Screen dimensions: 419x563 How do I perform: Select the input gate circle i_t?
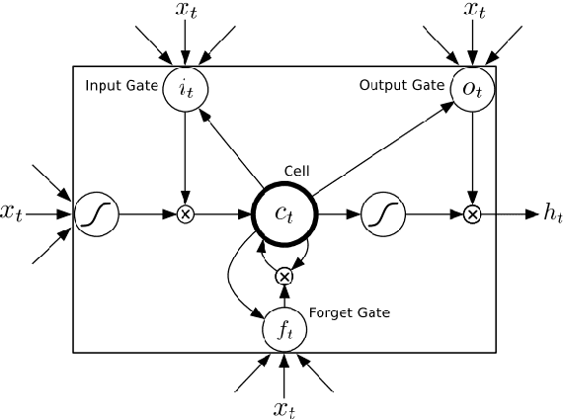(185, 88)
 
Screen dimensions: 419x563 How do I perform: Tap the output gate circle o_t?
(472, 88)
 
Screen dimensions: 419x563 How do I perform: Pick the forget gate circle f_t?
(284, 330)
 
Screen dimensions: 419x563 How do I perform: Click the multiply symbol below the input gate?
(185, 212)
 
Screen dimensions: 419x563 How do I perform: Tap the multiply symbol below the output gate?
(472, 212)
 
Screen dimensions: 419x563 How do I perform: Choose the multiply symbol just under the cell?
(284, 276)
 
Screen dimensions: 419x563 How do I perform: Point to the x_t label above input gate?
(185, 13)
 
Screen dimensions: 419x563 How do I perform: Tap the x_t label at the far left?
(13, 211)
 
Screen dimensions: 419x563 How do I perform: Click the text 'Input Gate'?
(121, 86)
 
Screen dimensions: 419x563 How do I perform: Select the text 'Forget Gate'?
(351, 313)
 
